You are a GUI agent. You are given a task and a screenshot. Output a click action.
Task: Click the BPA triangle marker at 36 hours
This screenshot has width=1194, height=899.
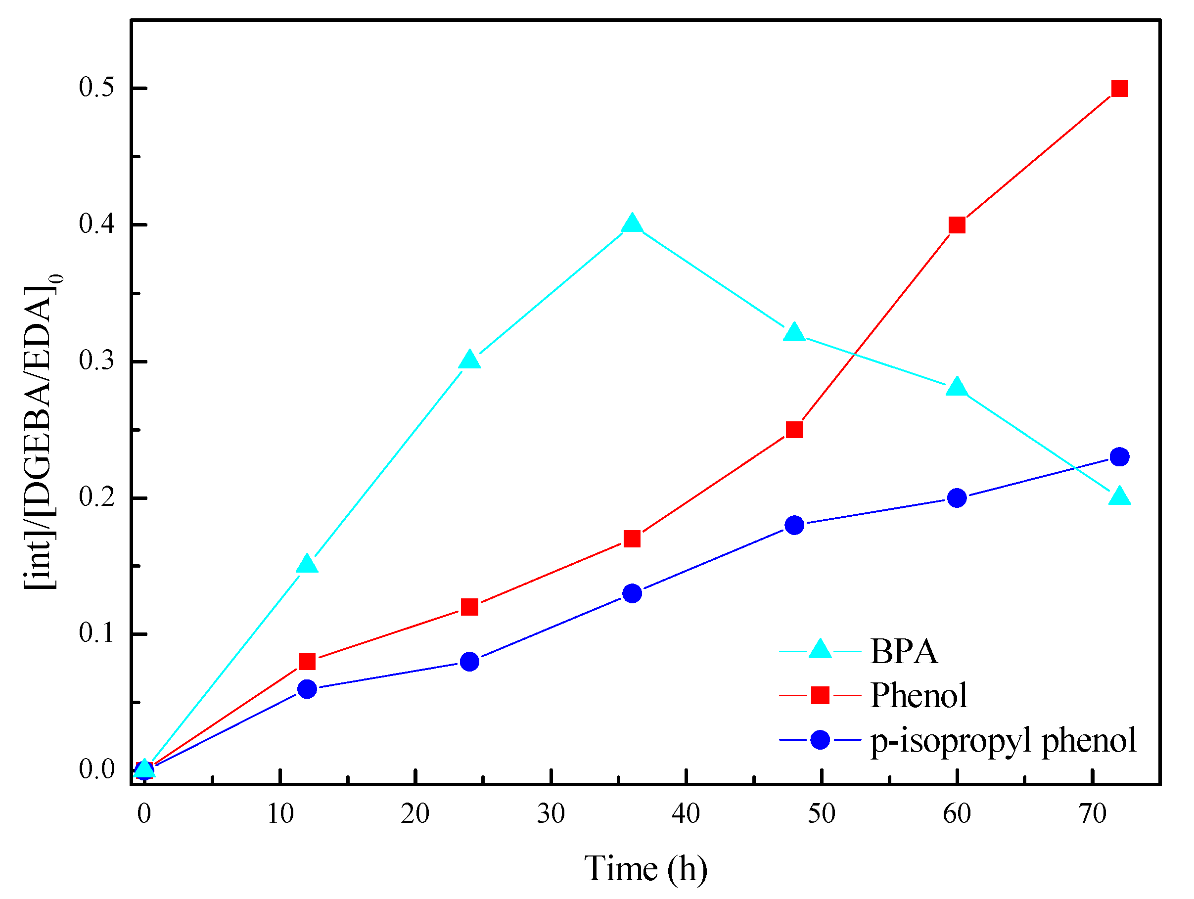[x=632, y=224]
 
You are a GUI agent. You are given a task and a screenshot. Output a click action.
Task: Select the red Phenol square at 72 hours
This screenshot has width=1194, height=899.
[x=1119, y=89]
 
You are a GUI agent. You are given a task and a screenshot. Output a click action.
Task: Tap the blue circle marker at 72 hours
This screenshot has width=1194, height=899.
[x=1119, y=456]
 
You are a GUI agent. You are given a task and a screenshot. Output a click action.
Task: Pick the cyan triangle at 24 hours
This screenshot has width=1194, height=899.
[x=469, y=360]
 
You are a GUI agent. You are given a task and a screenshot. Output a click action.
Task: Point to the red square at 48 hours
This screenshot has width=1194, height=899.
[x=794, y=430]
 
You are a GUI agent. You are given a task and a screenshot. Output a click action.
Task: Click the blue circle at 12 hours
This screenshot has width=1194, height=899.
[x=307, y=689]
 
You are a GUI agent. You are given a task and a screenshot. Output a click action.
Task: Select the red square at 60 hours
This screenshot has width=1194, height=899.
[x=957, y=225]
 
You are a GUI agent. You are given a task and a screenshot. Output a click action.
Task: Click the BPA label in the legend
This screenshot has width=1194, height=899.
[x=904, y=651]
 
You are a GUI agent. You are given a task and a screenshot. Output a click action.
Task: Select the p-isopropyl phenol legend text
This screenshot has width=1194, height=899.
[x=1004, y=740]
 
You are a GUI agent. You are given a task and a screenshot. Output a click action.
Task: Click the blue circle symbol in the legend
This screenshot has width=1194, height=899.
[x=820, y=740]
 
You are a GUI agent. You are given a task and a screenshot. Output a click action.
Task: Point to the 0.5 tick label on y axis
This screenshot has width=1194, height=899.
[x=97, y=88]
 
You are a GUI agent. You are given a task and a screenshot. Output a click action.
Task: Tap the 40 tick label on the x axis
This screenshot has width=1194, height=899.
[x=686, y=813]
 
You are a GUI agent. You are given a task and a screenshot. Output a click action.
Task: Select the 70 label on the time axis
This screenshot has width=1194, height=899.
[x=1093, y=813]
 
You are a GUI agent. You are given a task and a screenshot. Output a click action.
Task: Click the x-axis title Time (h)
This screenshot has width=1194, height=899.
[x=645, y=869]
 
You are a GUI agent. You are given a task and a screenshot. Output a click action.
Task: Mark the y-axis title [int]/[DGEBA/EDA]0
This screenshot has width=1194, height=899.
[x=43, y=432]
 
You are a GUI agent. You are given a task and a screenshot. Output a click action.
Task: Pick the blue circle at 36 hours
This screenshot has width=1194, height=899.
[x=632, y=593]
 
